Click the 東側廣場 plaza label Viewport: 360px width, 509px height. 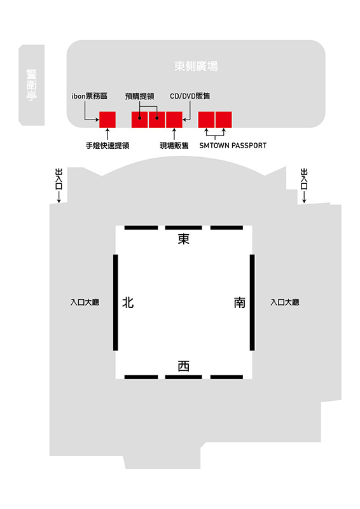pos(196,66)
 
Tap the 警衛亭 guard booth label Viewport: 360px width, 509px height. pos(32,85)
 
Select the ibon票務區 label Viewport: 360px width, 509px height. pos(89,96)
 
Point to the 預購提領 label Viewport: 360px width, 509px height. pos(139,96)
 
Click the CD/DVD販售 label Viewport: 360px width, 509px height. pos(190,96)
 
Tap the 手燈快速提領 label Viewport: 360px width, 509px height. pos(107,146)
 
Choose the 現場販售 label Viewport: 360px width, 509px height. pos(174,146)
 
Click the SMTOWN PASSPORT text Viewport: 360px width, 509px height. pos(233,146)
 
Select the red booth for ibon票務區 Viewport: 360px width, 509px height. pos(107,120)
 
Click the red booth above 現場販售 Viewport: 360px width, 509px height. pos(174,120)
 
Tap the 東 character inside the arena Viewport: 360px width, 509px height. pos(183,239)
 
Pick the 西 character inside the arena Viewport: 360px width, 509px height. pos(183,366)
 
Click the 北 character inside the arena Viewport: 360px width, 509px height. pos(128,302)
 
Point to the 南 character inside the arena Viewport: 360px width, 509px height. pos(240,302)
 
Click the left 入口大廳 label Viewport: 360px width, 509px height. pos(85,302)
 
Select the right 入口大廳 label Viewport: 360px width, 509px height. pos(285,302)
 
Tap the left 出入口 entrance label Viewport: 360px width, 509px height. pos(59,179)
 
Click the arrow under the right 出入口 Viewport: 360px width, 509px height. pos(304,197)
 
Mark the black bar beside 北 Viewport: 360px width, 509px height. pos(115,303)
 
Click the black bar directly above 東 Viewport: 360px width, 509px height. pos(183,228)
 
